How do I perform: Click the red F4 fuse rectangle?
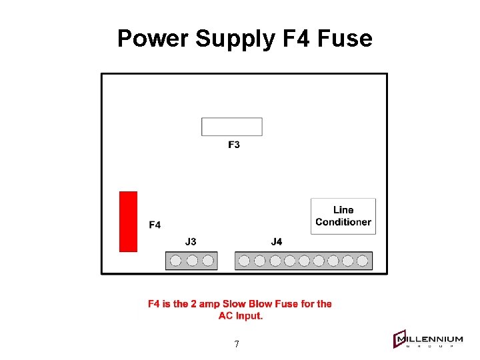tap(128, 221)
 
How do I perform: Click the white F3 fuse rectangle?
tap(232, 127)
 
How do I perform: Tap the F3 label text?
tap(234, 145)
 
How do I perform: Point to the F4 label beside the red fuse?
tap(155, 225)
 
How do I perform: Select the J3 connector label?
tap(191, 241)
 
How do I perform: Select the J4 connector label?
tap(277, 241)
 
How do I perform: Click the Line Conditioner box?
tap(343, 216)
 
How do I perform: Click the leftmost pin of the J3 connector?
tap(176, 261)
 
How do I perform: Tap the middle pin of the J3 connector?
tap(192, 261)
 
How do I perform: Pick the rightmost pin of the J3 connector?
tap(208, 261)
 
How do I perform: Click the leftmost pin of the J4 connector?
tap(245, 261)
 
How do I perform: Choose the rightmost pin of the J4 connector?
tap(363, 261)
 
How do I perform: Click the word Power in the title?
tap(153, 39)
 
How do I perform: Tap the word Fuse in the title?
tap(345, 39)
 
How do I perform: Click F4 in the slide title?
tap(296, 39)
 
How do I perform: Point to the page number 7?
tap(237, 345)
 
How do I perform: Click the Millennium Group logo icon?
tap(400, 340)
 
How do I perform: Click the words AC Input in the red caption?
tap(241, 316)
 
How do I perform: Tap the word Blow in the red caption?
tap(260, 304)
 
